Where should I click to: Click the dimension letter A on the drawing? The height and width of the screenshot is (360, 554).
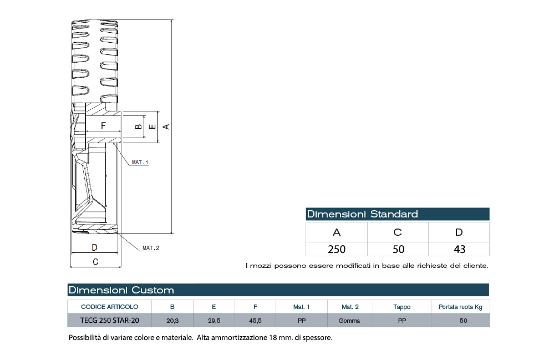coord(166,126)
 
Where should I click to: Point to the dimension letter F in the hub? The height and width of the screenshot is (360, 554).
coord(103,126)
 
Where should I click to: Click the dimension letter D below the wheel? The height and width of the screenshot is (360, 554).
coord(94,247)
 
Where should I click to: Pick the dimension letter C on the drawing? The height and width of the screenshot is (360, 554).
coord(95,261)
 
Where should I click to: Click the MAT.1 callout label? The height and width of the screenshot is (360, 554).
coord(140,163)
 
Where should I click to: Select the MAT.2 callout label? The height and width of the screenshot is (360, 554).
coord(150,248)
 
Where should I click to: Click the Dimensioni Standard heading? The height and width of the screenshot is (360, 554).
coord(362,214)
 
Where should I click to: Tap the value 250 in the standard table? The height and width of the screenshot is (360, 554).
coord(337,249)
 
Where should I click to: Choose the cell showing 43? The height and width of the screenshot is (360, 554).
coord(459,249)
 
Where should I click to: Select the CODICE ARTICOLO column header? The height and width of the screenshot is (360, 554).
coord(109,307)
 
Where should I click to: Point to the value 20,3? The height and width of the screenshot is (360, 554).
coord(172,321)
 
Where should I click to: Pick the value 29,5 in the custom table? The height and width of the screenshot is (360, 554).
coord(214,321)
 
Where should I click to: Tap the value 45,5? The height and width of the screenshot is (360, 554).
coord(255,321)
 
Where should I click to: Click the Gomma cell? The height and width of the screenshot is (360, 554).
coord(349,321)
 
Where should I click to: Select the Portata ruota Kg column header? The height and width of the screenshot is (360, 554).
coord(460,307)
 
